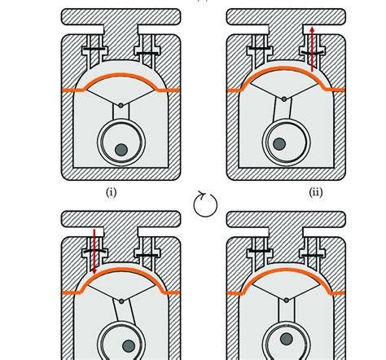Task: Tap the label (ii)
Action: click(316, 193)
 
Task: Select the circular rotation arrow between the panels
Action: click(205, 204)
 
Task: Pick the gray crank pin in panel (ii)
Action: click(279, 144)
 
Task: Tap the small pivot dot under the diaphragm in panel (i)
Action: click(121, 105)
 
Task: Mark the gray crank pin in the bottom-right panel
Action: click(286, 337)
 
